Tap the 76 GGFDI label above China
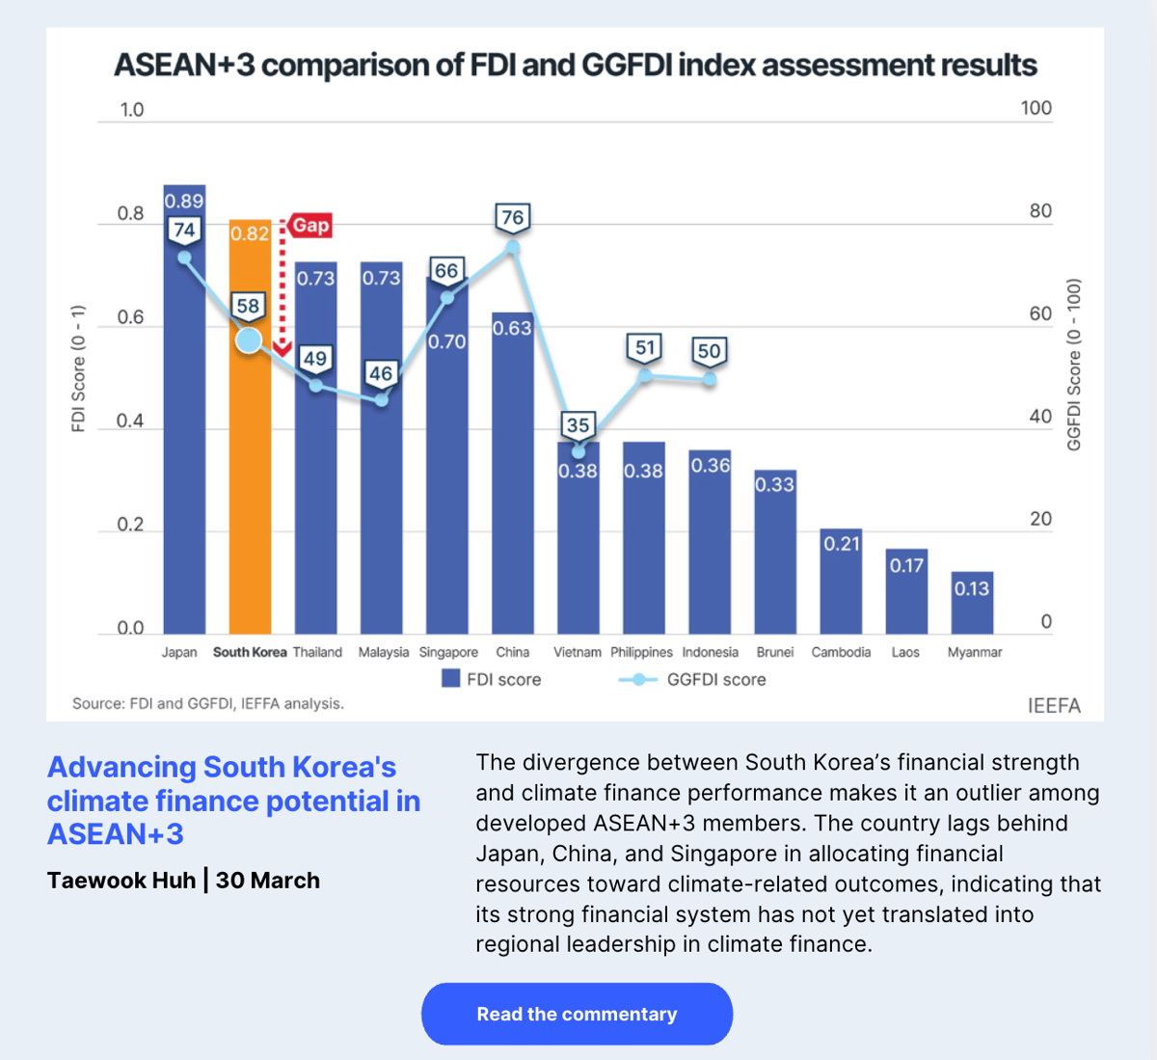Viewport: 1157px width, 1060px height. (x=513, y=217)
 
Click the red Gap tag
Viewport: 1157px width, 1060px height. (x=310, y=225)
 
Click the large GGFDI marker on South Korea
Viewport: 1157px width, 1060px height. (x=249, y=340)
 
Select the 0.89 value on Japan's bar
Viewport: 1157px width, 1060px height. (x=184, y=201)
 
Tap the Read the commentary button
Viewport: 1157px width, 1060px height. (x=577, y=1014)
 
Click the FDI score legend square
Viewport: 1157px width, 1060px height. (x=450, y=679)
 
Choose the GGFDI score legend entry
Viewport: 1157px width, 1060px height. (x=692, y=679)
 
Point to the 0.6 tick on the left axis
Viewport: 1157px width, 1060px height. (x=130, y=317)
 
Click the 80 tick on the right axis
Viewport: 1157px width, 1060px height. (x=1039, y=211)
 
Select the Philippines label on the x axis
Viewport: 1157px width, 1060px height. (x=641, y=652)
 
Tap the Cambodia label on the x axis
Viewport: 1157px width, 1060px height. (x=841, y=652)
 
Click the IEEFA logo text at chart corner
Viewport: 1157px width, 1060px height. (x=1053, y=705)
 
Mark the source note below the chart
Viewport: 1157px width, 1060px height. (x=208, y=703)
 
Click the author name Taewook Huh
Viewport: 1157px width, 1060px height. (x=121, y=880)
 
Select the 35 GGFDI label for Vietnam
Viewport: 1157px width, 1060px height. (x=578, y=424)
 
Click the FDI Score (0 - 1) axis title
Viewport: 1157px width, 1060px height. (x=79, y=368)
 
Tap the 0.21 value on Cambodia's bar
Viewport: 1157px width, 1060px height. (x=841, y=544)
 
